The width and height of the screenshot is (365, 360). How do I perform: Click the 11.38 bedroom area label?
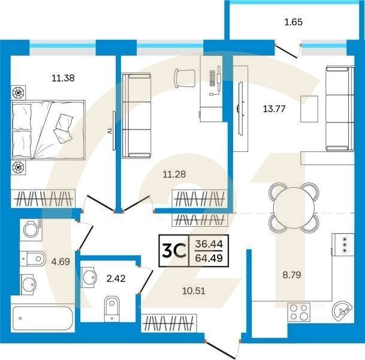(x=63, y=78)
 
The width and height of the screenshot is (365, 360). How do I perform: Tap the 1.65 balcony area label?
(x=293, y=22)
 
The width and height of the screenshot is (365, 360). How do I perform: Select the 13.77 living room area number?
(x=274, y=109)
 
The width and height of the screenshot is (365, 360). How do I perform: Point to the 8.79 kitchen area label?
(x=292, y=275)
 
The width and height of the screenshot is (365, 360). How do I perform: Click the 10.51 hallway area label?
(x=194, y=291)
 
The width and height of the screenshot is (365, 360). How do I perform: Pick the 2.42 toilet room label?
(x=116, y=278)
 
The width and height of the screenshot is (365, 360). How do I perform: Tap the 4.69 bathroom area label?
(x=61, y=262)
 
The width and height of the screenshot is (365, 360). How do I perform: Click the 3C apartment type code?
(x=174, y=251)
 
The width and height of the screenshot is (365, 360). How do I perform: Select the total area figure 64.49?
(x=209, y=258)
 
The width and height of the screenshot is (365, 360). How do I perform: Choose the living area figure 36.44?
(x=209, y=244)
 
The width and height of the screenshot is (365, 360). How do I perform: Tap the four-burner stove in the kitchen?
(x=299, y=312)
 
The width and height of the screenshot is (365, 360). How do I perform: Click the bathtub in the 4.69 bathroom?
(x=43, y=318)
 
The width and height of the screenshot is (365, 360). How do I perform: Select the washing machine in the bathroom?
(x=31, y=230)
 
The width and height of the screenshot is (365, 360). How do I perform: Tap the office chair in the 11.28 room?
(x=185, y=78)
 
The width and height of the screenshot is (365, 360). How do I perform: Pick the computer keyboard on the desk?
(x=212, y=78)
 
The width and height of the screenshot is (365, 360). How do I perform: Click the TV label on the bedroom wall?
(x=110, y=131)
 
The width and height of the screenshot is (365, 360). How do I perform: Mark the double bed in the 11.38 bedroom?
(x=48, y=130)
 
